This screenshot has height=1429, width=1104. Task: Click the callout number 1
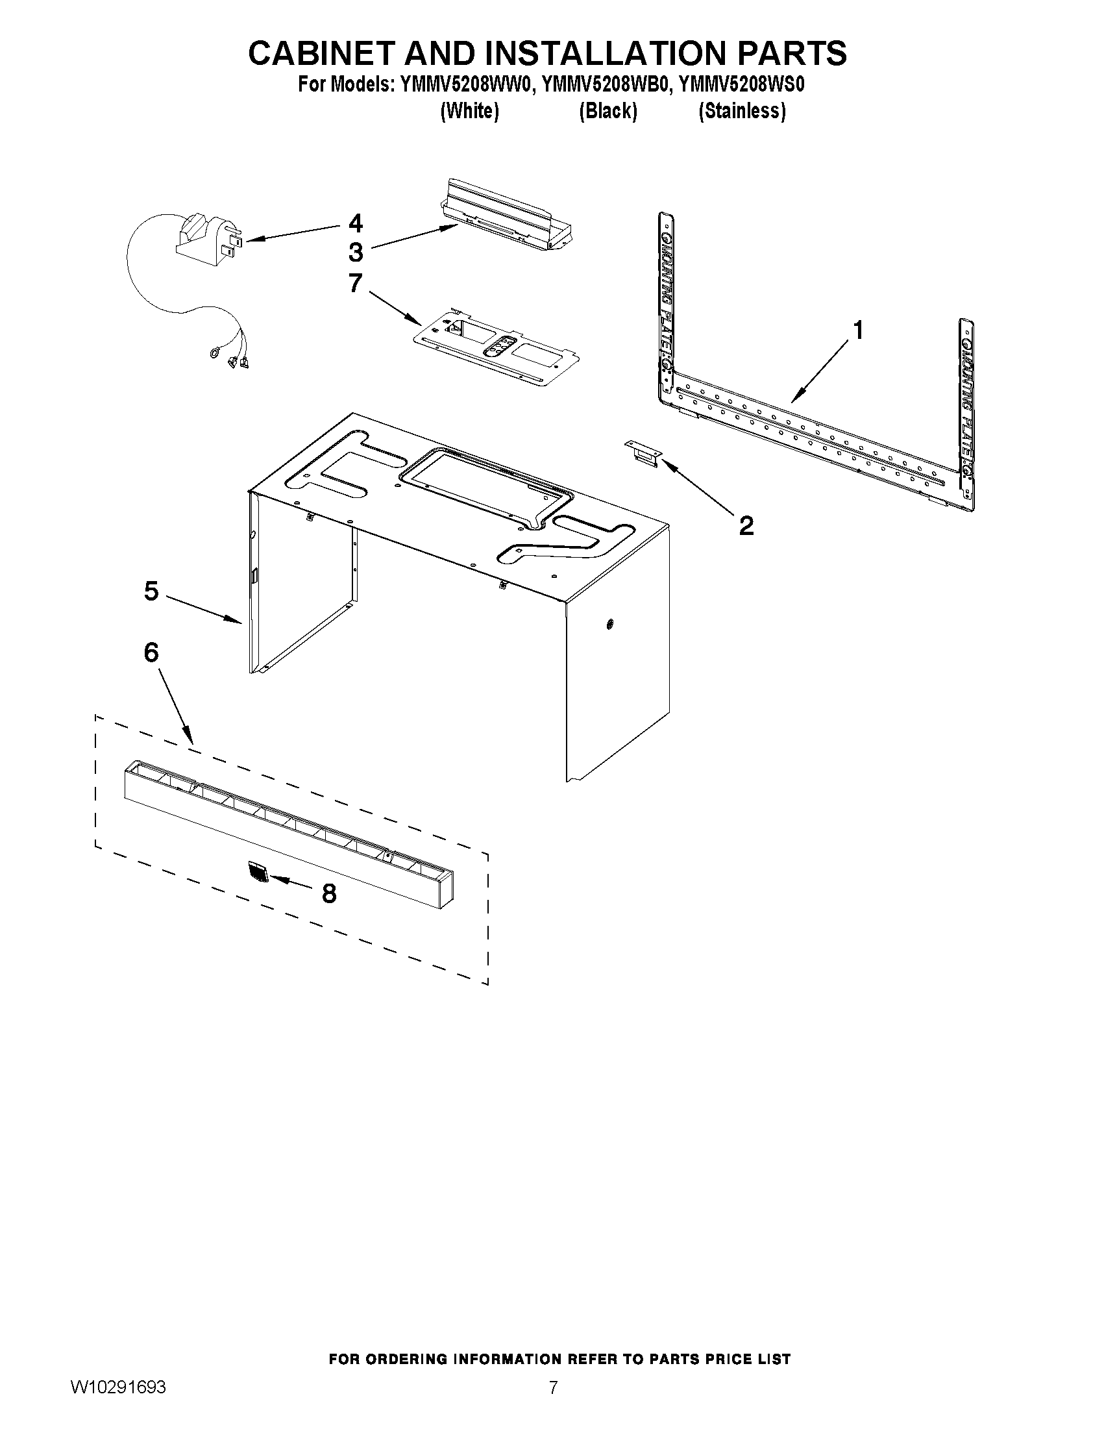pyautogui.click(x=858, y=330)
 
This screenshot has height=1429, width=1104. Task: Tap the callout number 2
pyautogui.click(x=746, y=525)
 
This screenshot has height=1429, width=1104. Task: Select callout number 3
pyautogui.click(x=355, y=252)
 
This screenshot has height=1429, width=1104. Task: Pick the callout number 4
pyautogui.click(x=355, y=224)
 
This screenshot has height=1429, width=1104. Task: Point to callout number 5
pyautogui.click(x=151, y=591)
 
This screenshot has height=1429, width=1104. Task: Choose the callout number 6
pyautogui.click(x=151, y=652)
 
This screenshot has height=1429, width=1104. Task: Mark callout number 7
pyautogui.click(x=355, y=283)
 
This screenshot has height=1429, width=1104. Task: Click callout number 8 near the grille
pyautogui.click(x=329, y=893)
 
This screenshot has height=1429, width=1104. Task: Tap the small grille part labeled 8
pyautogui.click(x=259, y=873)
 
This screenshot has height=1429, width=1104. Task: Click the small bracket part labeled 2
pyautogui.click(x=644, y=453)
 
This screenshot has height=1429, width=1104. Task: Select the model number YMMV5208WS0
pyautogui.click(x=742, y=85)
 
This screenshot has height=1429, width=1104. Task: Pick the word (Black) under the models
pyautogui.click(x=607, y=111)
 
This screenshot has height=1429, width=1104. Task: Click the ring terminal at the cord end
pyautogui.click(x=214, y=353)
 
